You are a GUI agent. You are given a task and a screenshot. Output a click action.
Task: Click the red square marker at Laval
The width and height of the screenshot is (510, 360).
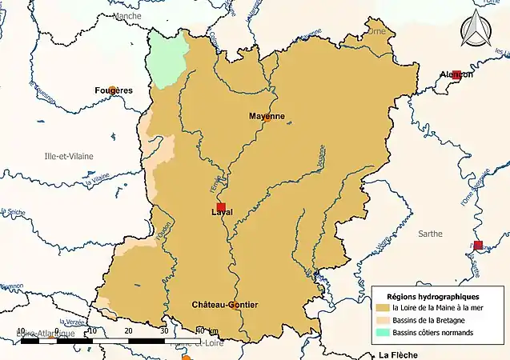coord(222,207)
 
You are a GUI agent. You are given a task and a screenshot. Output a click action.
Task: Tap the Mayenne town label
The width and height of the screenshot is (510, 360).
coord(267,116)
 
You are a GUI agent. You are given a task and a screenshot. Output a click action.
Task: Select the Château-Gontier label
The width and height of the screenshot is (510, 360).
coord(225,305)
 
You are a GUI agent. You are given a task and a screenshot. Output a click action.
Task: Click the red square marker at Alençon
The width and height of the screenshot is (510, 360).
coord(456,75)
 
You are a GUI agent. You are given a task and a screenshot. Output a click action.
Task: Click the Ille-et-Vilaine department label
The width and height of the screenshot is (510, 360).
coord(69,156)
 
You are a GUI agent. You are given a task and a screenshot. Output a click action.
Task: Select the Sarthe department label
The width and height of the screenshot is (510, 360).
coord(430,234)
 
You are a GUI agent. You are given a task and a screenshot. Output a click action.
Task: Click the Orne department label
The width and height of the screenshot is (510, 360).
coord(375,31)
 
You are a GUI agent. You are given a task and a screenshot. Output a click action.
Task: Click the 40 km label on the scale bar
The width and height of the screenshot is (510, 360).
coord(206,330)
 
